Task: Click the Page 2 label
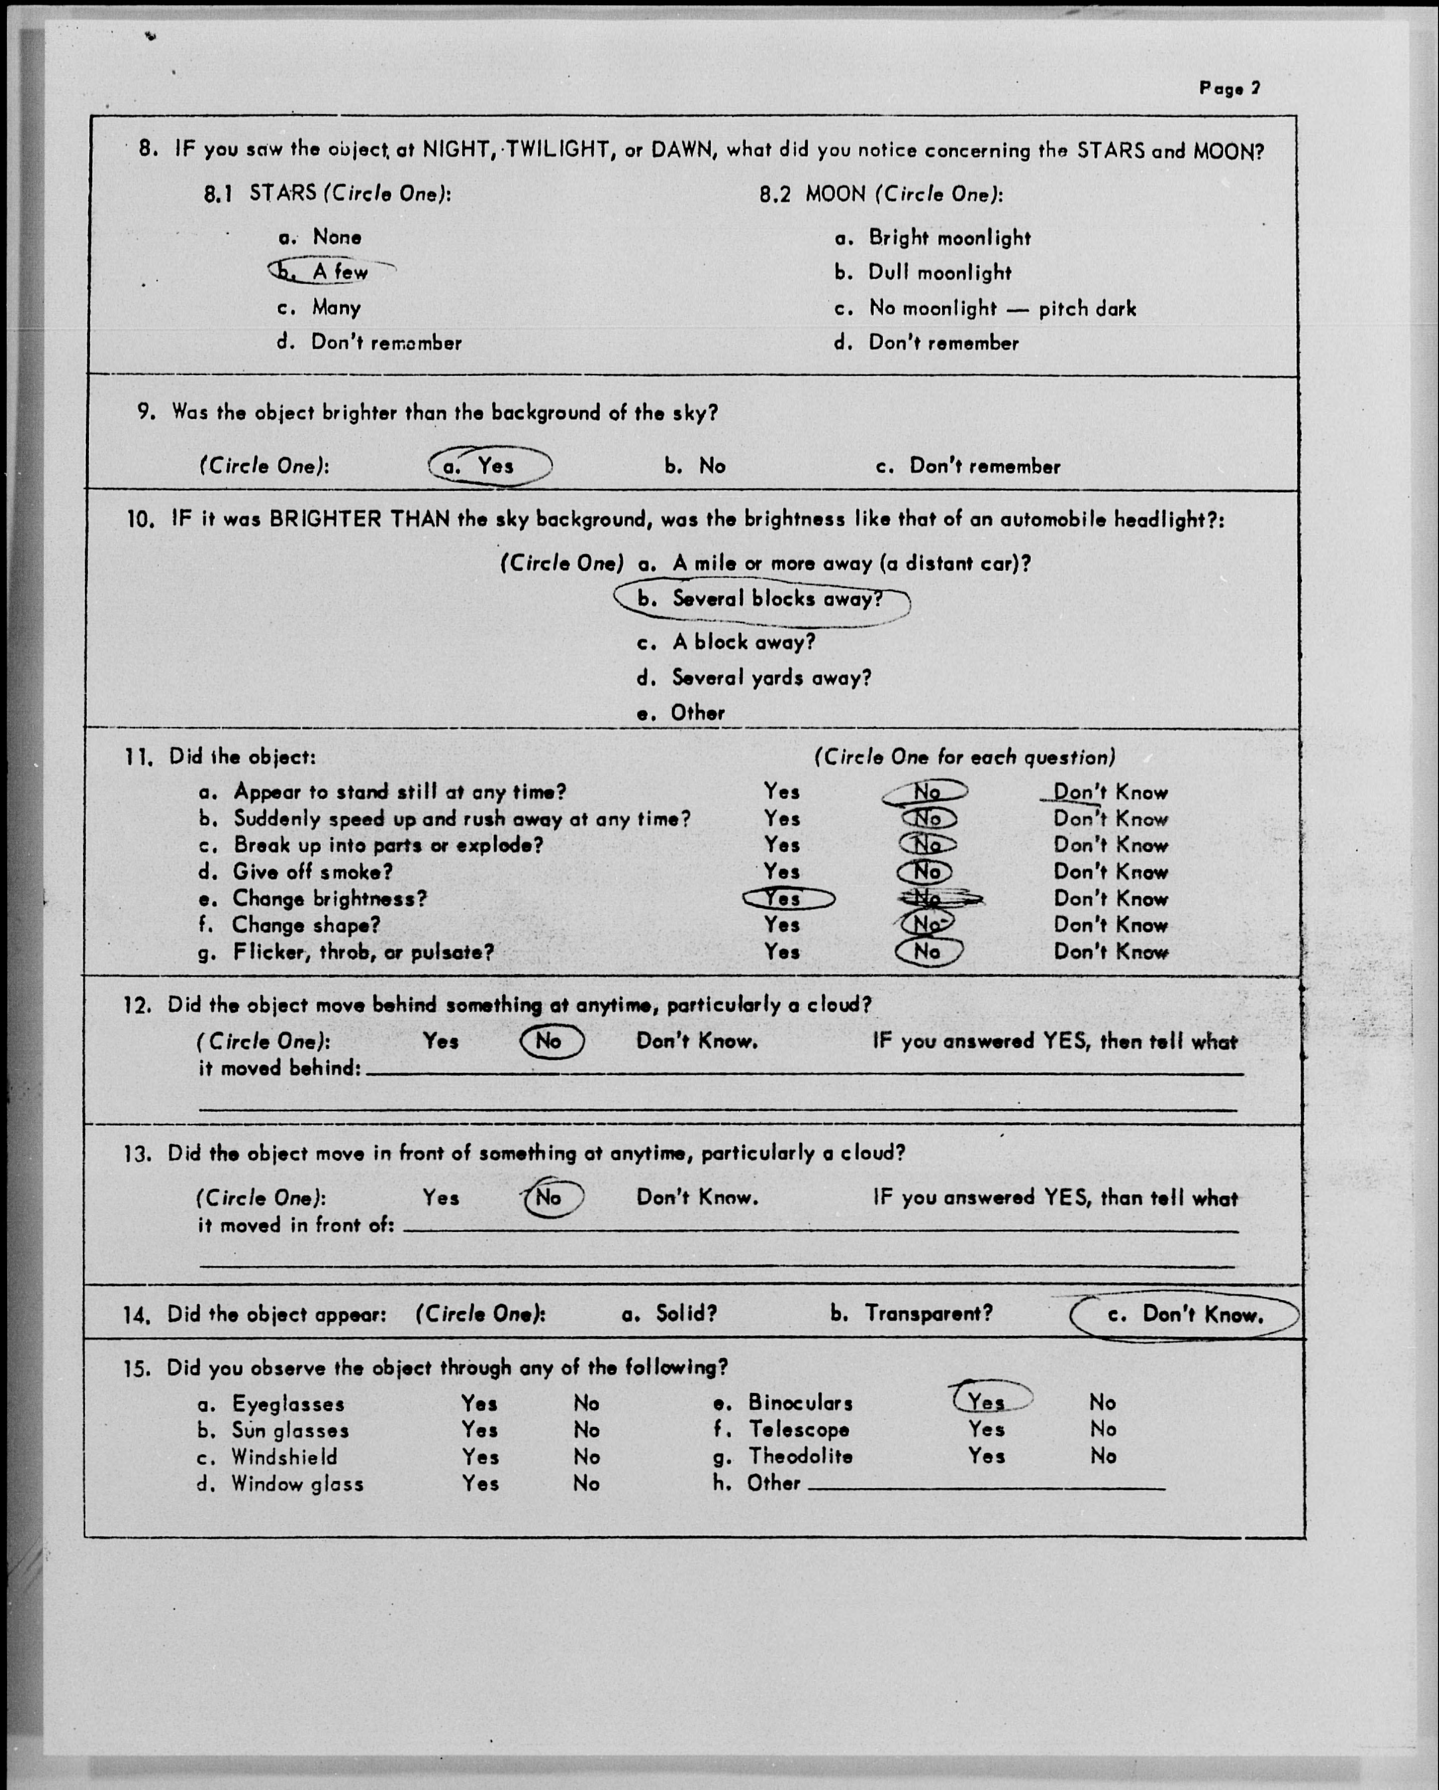point(1229,88)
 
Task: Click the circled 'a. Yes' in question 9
point(490,466)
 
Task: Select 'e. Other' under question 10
point(681,712)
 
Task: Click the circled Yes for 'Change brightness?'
point(785,899)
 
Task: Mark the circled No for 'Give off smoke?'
point(926,872)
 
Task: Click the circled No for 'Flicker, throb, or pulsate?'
point(928,952)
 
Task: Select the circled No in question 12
point(551,1041)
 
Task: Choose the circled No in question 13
point(551,1197)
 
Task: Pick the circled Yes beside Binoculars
point(989,1402)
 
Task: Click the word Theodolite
point(800,1456)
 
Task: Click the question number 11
point(138,757)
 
